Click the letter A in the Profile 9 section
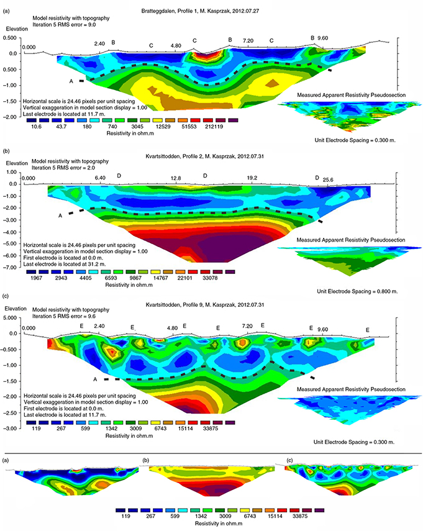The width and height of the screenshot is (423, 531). (95, 379)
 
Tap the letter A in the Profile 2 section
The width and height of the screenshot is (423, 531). (60, 215)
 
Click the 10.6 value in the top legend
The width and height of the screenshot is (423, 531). (36, 127)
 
